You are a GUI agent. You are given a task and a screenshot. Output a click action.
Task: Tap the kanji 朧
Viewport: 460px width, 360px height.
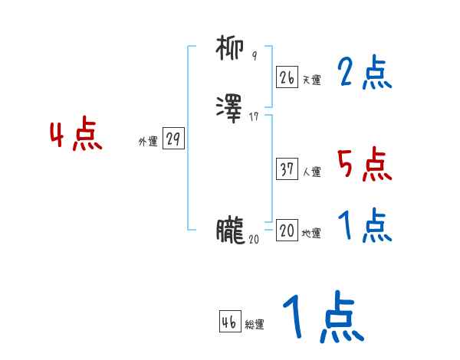click(x=230, y=230)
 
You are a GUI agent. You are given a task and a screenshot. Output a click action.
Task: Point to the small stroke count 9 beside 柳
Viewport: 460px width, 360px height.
click(x=255, y=57)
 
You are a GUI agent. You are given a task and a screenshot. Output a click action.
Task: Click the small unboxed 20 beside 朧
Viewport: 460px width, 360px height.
click(x=254, y=239)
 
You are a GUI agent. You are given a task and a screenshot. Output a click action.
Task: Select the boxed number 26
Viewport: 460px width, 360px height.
click(x=287, y=77)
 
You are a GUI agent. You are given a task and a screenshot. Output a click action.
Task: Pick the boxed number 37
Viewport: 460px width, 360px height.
click(x=287, y=169)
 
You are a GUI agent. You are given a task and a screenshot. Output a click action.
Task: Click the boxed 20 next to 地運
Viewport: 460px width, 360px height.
click(x=287, y=231)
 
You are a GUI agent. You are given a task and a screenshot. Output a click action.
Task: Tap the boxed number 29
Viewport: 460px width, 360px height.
click(x=173, y=139)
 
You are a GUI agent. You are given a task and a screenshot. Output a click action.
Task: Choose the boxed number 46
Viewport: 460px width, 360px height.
click(x=229, y=322)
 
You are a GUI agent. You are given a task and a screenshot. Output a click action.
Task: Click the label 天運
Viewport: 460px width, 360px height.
click(x=312, y=80)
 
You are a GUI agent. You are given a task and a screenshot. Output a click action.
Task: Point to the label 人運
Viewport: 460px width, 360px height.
click(x=312, y=172)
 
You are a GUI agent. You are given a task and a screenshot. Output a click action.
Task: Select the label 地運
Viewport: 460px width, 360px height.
click(x=312, y=234)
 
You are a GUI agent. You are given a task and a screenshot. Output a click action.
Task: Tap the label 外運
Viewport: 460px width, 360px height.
click(x=147, y=142)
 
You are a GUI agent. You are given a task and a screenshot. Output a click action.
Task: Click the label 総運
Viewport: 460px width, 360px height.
click(x=255, y=326)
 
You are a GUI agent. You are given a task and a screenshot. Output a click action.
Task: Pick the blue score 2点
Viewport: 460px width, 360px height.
click(x=363, y=74)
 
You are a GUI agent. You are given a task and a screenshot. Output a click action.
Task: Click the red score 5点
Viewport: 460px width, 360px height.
click(x=363, y=164)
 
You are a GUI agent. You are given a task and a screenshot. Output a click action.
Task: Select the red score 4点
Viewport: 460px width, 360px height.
click(x=76, y=136)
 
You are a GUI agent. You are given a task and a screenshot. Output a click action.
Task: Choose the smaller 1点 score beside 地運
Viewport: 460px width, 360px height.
click(x=363, y=226)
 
